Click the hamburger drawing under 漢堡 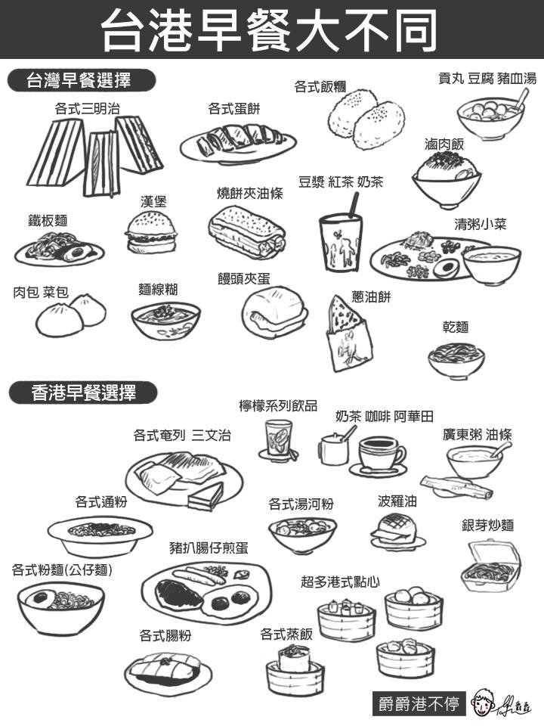point(152,232)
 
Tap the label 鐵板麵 point(48,220)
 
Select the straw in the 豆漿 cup point(354,205)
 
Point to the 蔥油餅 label point(371,296)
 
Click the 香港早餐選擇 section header point(83,393)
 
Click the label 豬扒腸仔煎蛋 point(209,548)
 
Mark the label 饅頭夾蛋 point(244,278)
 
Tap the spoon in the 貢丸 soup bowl point(521,100)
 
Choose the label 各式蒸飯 point(286,634)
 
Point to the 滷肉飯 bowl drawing point(447,179)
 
